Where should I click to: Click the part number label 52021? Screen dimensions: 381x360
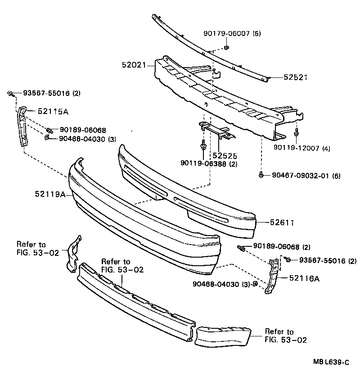point(134,65)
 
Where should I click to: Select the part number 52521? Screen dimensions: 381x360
point(296,77)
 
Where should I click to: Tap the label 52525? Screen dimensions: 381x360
point(225,156)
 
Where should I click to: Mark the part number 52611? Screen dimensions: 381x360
point(282,222)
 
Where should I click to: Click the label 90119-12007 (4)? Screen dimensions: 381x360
point(302,148)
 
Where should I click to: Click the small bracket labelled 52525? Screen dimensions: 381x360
point(215,130)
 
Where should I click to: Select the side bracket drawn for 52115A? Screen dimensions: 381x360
point(22,126)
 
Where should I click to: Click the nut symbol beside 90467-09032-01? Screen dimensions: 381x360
point(261,175)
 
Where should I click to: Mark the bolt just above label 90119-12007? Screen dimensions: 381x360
point(297,133)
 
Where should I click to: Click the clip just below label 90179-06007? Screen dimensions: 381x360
point(227,48)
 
